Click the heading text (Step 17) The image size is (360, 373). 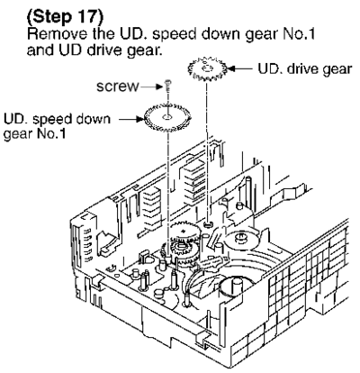[65, 17]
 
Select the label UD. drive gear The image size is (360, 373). [304, 69]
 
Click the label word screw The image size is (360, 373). [118, 86]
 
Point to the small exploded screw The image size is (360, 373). [167, 85]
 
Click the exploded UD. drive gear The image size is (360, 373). [207, 69]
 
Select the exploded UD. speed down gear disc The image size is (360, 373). [167, 117]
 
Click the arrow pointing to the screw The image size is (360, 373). [152, 86]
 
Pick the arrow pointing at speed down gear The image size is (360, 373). [131, 120]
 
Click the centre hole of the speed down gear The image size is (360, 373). [167, 116]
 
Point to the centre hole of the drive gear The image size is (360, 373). [207, 68]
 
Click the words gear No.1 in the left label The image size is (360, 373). [34, 133]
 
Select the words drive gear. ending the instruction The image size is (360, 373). [123, 50]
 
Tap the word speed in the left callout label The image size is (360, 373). [50, 120]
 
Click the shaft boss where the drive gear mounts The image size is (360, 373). [207, 224]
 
